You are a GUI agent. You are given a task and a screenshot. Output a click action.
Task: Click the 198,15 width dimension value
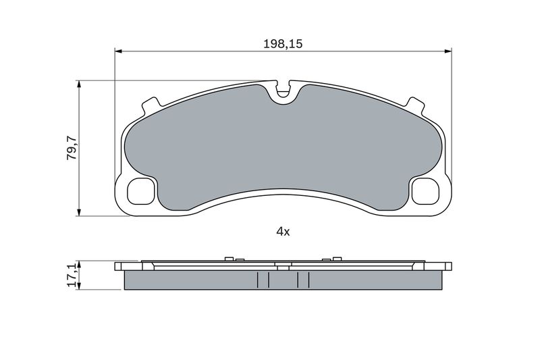click(x=283, y=44)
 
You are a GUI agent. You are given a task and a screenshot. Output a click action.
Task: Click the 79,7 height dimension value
click(x=72, y=147)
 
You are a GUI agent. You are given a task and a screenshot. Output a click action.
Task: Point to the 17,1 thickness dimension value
click(x=72, y=276)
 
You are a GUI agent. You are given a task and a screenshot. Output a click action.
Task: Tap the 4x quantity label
click(x=283, y=232)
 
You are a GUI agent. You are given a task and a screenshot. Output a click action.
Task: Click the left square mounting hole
click(x=141, y=191)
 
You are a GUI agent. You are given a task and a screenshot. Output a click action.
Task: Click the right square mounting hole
click(x=426, y=191)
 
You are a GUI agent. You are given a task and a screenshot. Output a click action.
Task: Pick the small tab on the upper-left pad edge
click(x=151, y=105)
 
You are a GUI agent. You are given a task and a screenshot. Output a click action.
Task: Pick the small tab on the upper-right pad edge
click(x=414, y=105)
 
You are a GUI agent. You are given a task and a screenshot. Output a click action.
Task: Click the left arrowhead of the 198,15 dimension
click(x=118, y=51)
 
